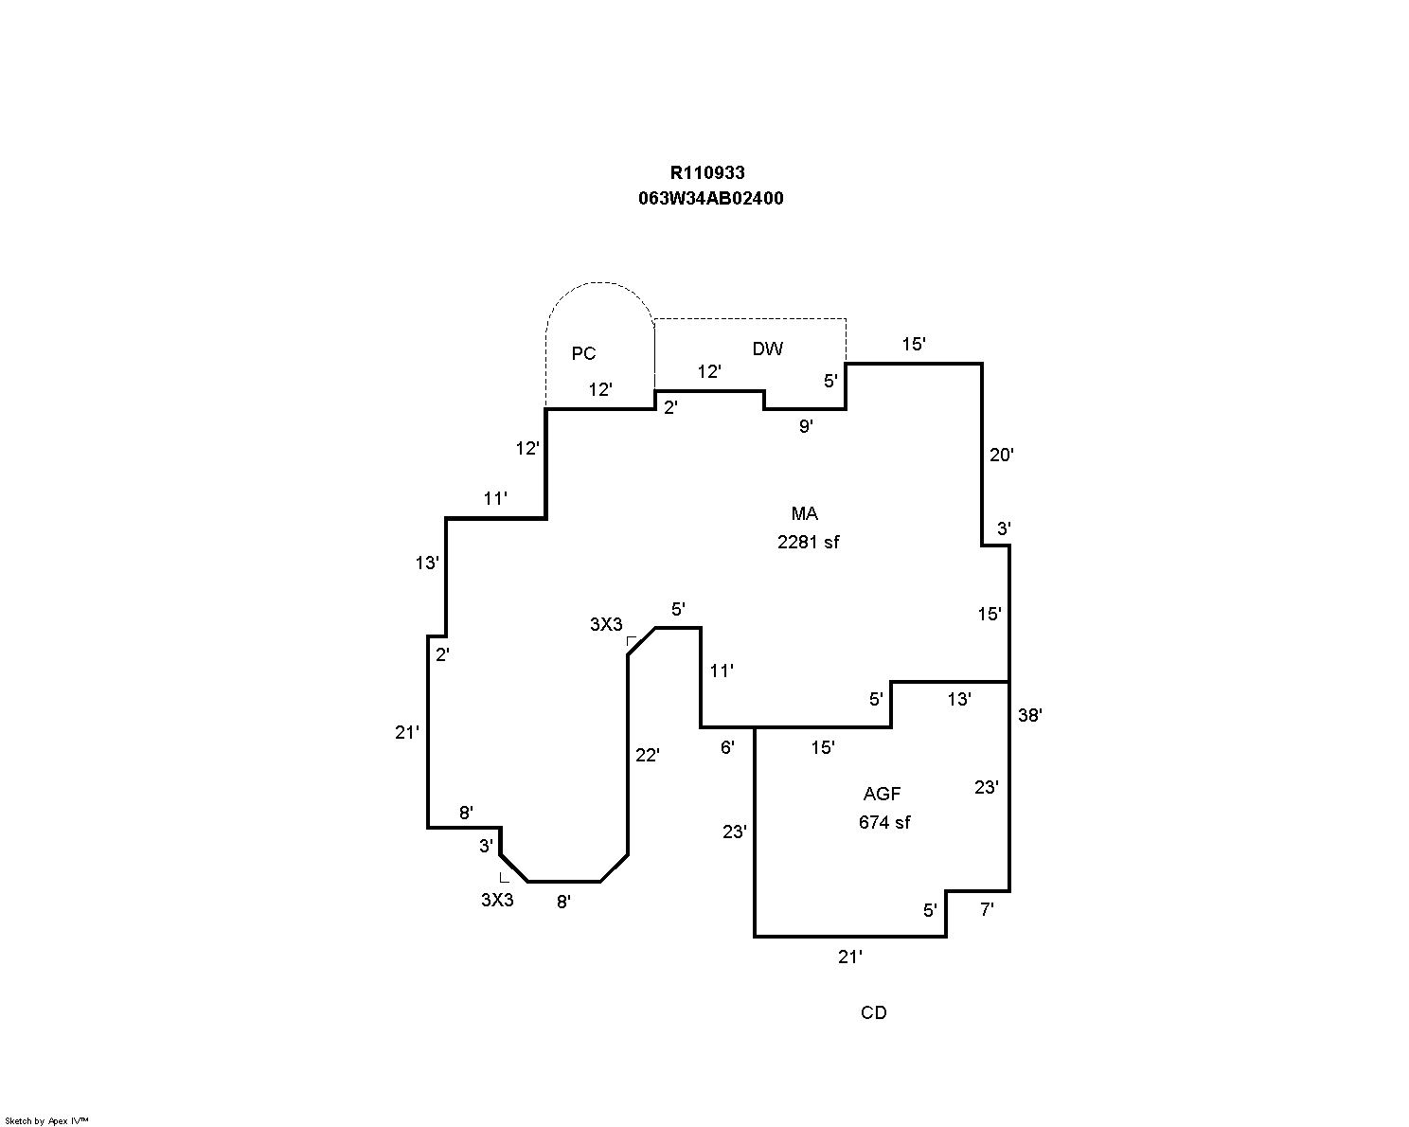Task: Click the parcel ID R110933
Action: [x=707, y=172]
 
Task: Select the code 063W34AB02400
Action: [x=710, y=199]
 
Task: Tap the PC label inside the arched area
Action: [x=583, y=354]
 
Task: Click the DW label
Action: [x=767, y=349]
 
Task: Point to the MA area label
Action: [x=804, y=514]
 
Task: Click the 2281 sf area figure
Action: [x=808, y=543]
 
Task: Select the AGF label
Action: [x=882, y=795]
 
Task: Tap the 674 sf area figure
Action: [x=883, y=823]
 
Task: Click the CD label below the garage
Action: [x=873, y=1013]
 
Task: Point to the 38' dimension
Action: [x=1029, y=716]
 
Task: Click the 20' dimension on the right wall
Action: [x=1001, y=456]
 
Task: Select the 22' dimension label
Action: [x=647, y=756]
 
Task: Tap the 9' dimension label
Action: [x=805, y=427]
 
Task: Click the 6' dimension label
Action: [x=727, y=748]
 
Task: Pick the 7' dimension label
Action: [x=987, y=910]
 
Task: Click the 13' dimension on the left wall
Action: [x=427, y=563]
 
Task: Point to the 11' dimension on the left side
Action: [x=495, y=498]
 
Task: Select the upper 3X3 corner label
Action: [x=606, y=625]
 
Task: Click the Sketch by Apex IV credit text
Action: [x=46, y=1120]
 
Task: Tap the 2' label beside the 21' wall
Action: [x=442, y=654]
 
